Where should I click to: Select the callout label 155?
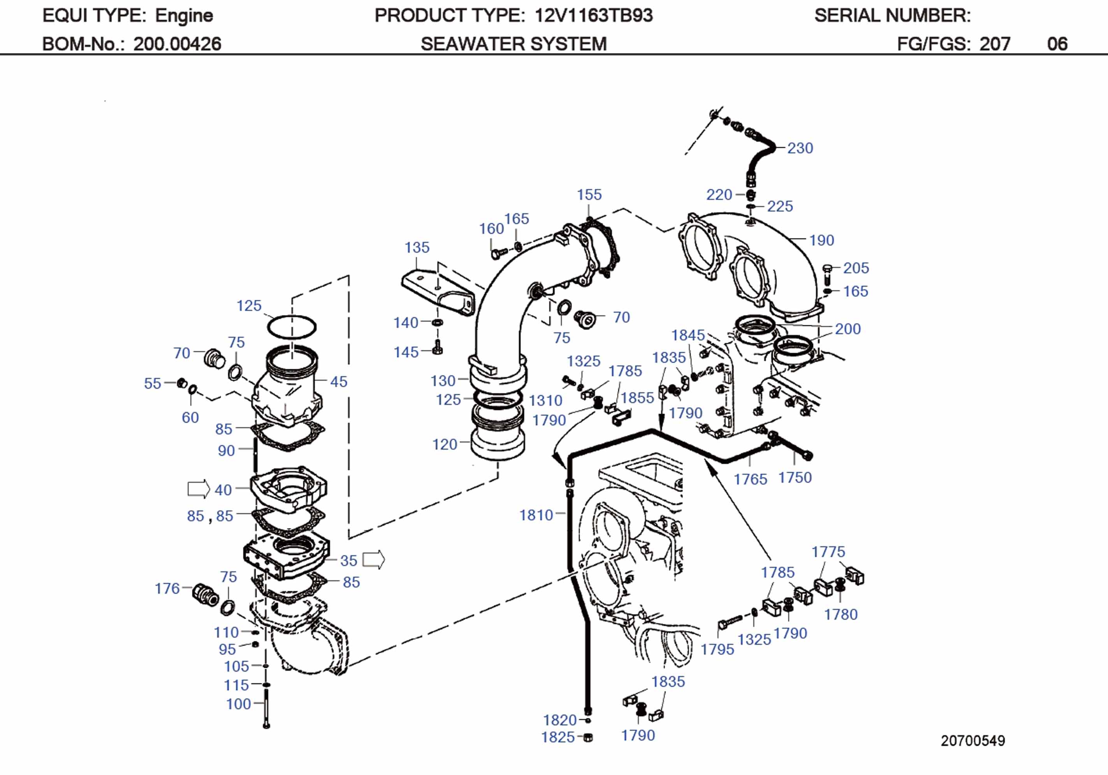click(x=589, y=195)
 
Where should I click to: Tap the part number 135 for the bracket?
click(x=417, y=247)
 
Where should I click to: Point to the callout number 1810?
click(x=536, y=515)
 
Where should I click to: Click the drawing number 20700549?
click(x=973, y=740)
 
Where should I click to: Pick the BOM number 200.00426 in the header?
click(x=177, y=44)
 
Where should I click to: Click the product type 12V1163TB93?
click(x=594, y=16)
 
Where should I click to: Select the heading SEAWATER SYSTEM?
click(x=514, y=44)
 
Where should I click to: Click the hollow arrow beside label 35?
click(x=373, y=560)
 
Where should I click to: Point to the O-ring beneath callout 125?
click(x=292, y=327)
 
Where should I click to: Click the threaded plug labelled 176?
click(x=206, y=594)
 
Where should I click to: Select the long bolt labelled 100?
click(x=266, y=708)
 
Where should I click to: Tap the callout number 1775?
click(x=828, y=551)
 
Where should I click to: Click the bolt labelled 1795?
click(x=729, y=620)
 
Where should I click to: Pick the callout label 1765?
click(x=750, y=479)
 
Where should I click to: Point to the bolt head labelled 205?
click(x=826, y=268)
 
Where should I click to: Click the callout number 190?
click(x=821, y=240)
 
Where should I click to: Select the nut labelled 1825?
click(x=588, y=737)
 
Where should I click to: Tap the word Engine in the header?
click(x=184, y=16)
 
